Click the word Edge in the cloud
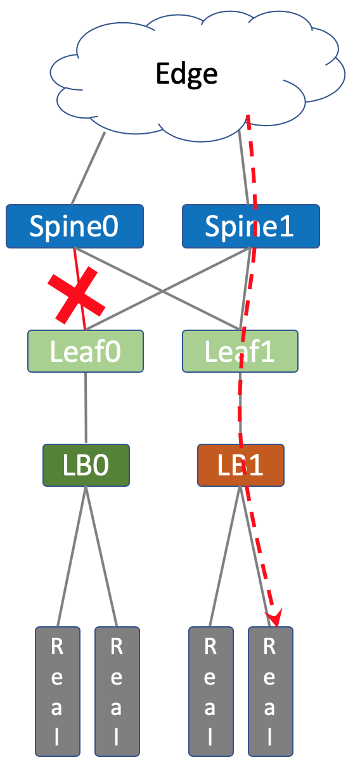(x=186, y=74)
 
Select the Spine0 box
(x=75, y=226)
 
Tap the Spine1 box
(x=251, y=226)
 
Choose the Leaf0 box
(x=86, y=351)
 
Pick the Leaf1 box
(x=240, y=351)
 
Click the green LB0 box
(x=86, y=465)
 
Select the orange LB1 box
(x=241, y=465)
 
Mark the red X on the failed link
(x=76, y=295)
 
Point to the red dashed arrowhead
(x=275, y=618)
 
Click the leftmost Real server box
(x=58, y=696)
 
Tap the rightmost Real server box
(x=271, y=696)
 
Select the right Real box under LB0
(x=117, y=696)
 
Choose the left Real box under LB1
(x=211, y=696)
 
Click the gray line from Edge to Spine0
(x=88, y=169)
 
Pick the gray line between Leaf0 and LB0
(x=86, y=408)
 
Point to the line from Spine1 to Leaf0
(x=169, y=288)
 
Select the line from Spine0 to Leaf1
(x=157, y=288)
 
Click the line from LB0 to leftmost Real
(x=72, y=557)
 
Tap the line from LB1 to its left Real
(x=225, y=557)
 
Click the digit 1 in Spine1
(x=286, y=226)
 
